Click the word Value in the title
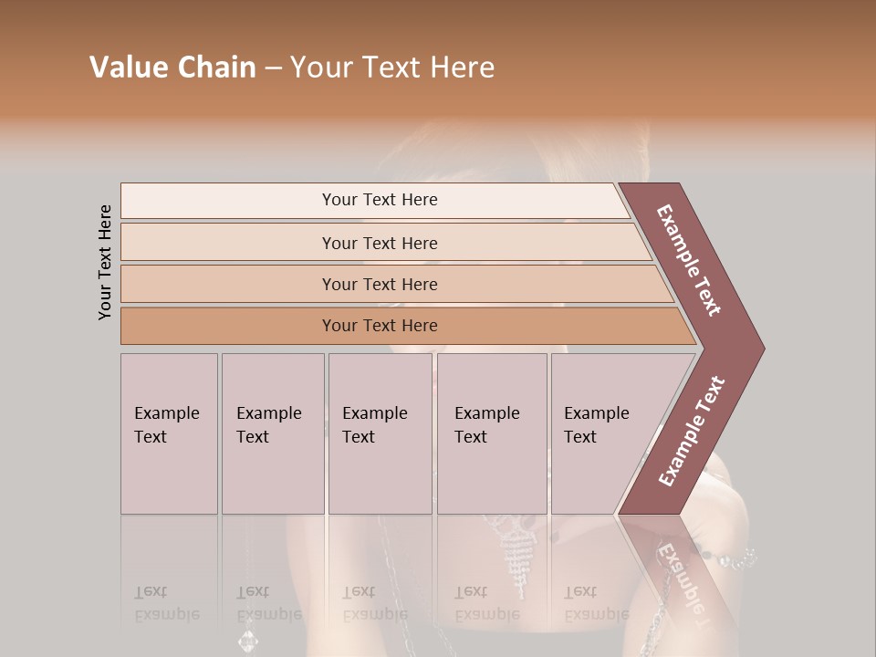pos(129,68)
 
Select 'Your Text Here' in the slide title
pos(392,68)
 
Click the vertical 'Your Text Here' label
pos(105,262)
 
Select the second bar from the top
pos(379,243)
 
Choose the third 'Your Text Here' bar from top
pos(379,284)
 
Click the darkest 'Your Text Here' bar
pos(379,326)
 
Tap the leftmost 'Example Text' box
pos(169,433)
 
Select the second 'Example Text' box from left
pos(273,433)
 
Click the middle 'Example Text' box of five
pos(380,433)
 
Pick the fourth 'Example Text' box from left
pos(492,433)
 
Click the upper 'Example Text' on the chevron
pos(689,260)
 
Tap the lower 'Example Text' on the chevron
pos(691,432)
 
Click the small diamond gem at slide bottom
pos(247,641)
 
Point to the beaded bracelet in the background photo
pos(730,557)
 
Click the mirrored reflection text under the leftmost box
pos(166,603)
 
